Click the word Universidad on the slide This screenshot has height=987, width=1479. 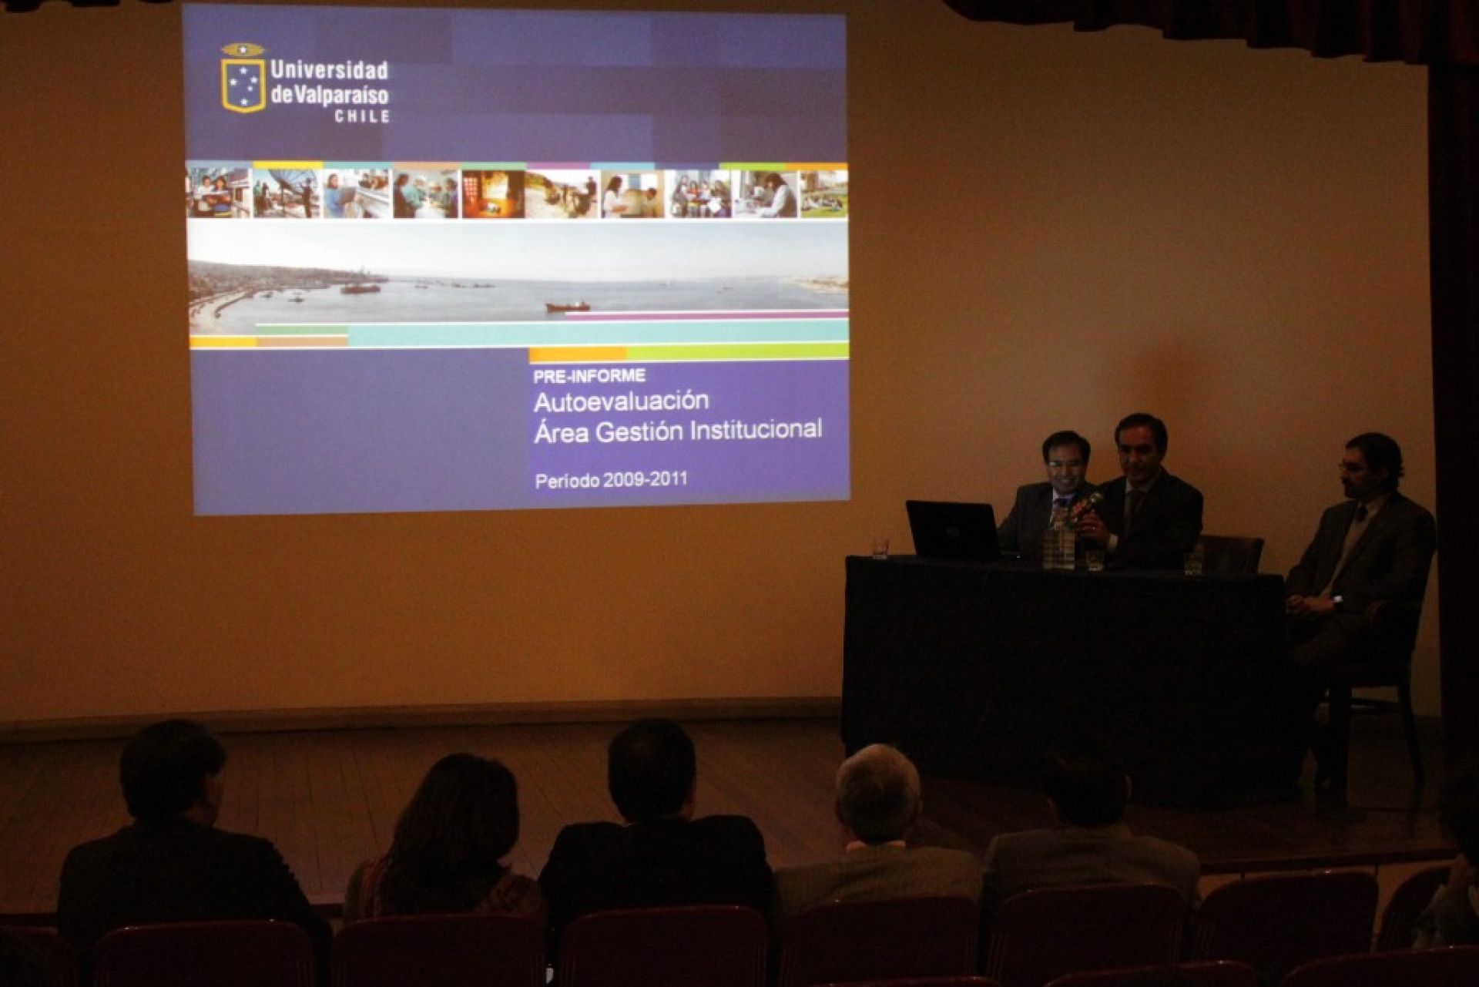(329, 71)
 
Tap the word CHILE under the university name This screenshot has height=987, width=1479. (362, 117)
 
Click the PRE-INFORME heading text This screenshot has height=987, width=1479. (589, 377)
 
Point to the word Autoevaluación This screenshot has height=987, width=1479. (621, 401)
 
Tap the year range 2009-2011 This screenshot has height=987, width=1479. (646, 480)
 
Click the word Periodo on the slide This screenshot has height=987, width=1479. (567, 481)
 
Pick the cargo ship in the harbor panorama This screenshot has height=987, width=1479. (568, 306)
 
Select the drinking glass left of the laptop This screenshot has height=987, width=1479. (880, 548)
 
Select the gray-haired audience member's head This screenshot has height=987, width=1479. (878, 794)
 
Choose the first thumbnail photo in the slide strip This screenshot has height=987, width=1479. (219, 193)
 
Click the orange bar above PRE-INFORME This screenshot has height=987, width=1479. (578, 354)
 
